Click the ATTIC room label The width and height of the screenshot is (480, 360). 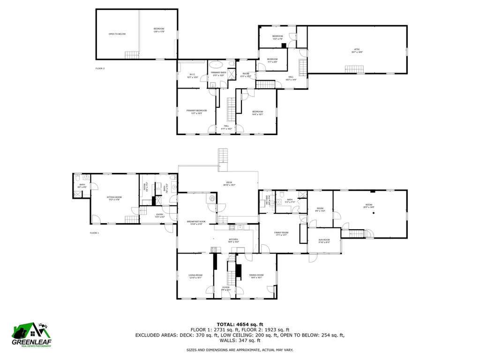(357, 50)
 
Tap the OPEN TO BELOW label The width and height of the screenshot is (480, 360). (117, 34)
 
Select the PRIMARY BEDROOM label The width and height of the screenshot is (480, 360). (196, 111)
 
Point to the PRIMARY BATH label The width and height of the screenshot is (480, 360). (218, 73)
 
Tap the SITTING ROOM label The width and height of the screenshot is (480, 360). (114, 198)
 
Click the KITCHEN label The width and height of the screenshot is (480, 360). (233, 240)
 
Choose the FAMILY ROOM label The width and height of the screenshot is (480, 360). (281, 233)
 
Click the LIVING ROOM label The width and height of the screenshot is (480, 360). (195, 276)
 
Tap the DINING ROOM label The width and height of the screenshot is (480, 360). (256, 276)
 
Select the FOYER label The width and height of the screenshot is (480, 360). (226, 288)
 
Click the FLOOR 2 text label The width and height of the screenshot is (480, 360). (100, 69)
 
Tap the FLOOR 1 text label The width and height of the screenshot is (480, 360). (94, 233)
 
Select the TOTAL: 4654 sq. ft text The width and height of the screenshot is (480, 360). (240, 324)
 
